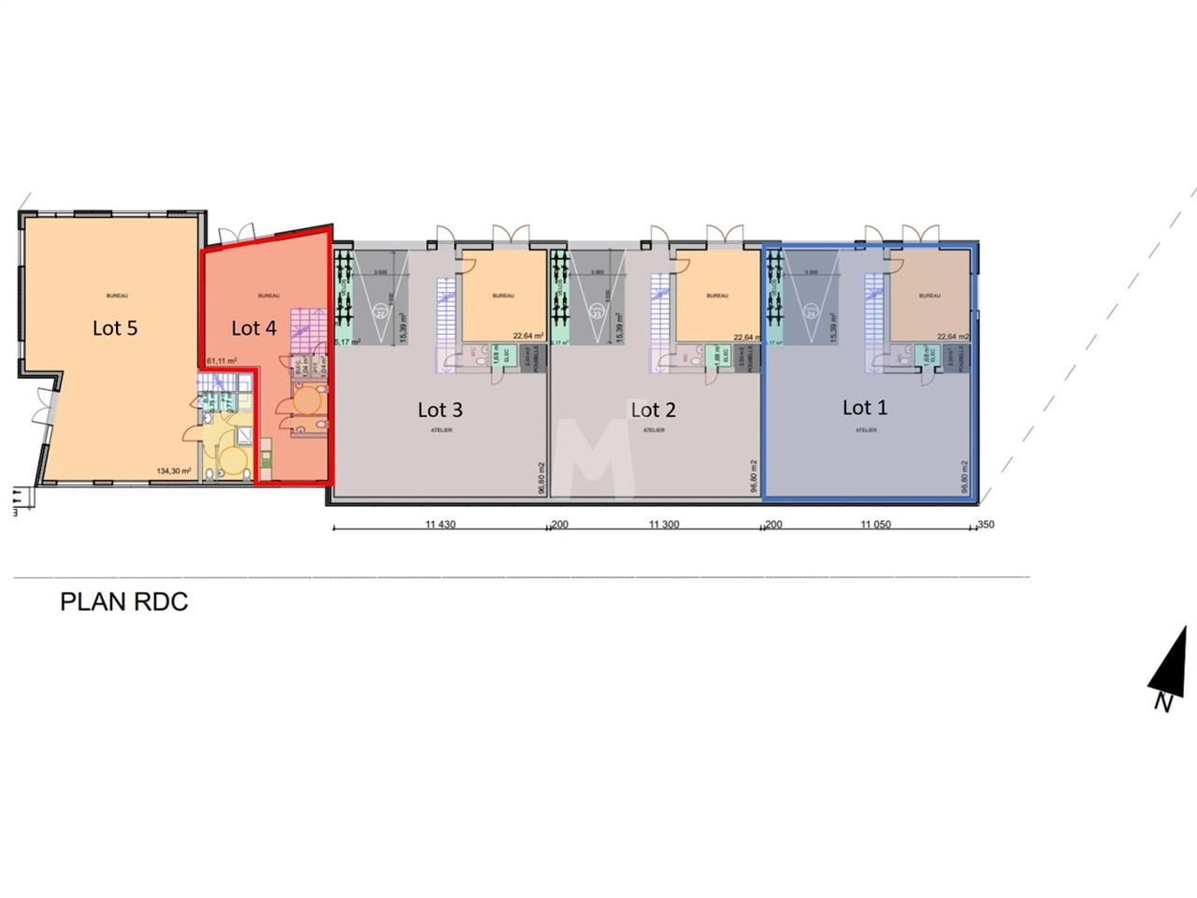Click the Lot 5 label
pyautogui.click(x=115, y=327)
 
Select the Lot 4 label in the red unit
pyautogui.click(x=253, y=327)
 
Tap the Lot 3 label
pyautogui.click(x=440, y=410)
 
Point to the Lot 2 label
pyautogui.click(x=653, y=410)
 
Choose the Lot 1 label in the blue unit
pyautogui.click(x=864, y=408)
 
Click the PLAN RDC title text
pyautogui.click(x=123, y=601)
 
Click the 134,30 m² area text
pyautogui.click(x=174, y=471)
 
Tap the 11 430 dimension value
pyautogui.click(x=440, y=525)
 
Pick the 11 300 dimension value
pyautogui.click(x=664, y=525)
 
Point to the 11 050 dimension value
pyautogui.click(x=875, y=525)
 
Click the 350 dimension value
pyautogui.click(x=986, y=525)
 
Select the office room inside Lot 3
pyautogui.click(x=504, y=297)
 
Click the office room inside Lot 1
pyautogui.click(x=929, y=297)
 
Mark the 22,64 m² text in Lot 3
pyautogui.click(x=528, y=336)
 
